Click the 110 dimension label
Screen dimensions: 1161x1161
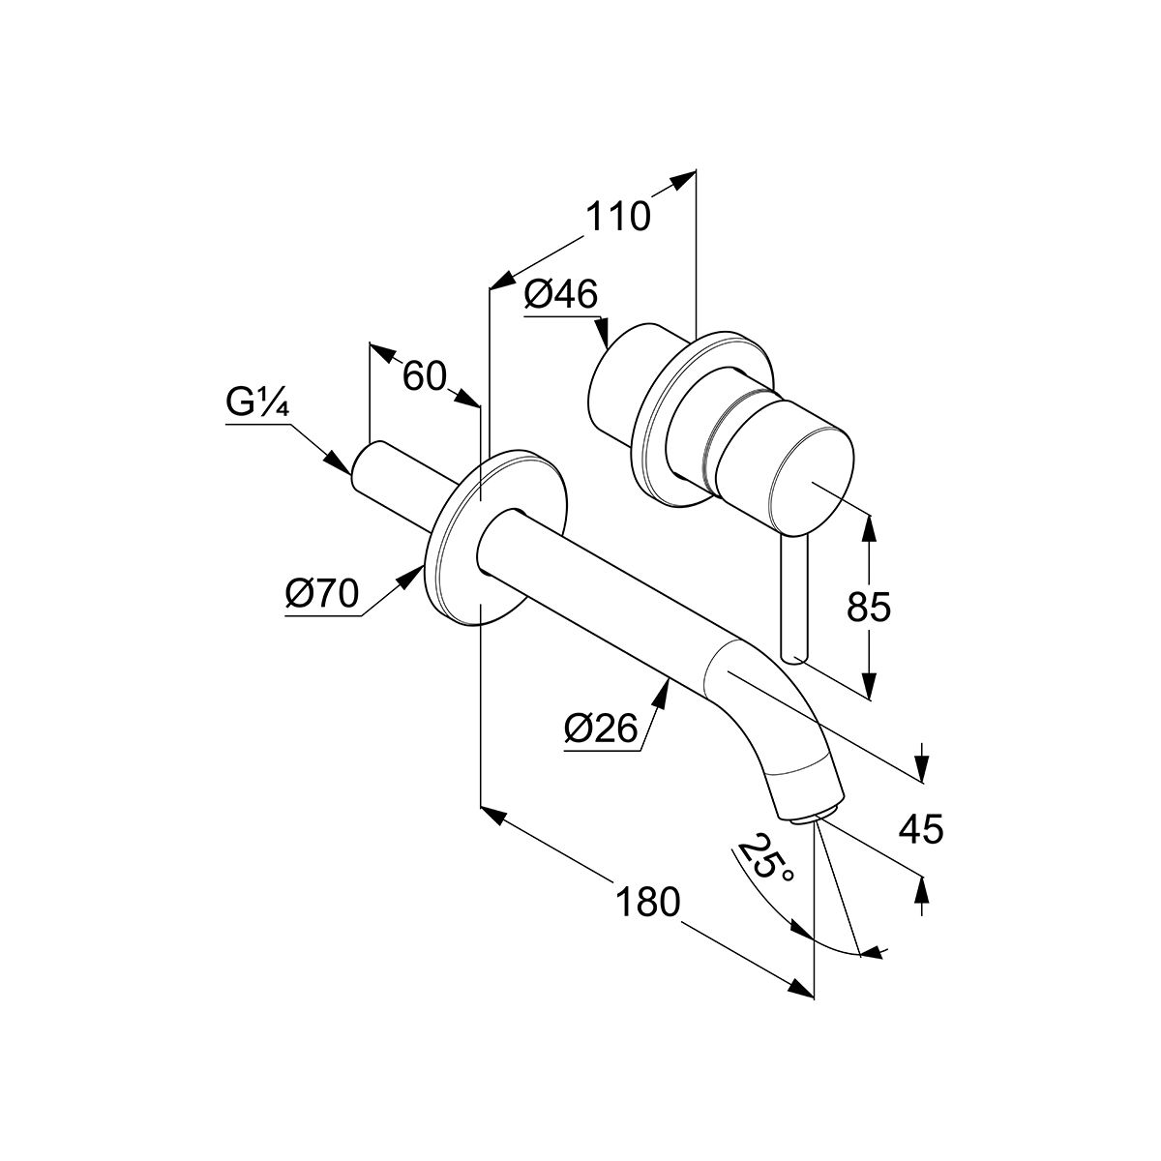pyautogui.click(x=618, y=217)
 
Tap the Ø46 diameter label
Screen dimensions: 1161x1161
pyautogui.click(x=561, y=295)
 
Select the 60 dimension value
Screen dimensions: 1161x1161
pyautogui.click(x=425, y=376)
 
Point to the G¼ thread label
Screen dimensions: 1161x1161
pyautogui.click(x=258, y=403)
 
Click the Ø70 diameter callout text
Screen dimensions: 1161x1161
pyautogui.click(x=322, y=594)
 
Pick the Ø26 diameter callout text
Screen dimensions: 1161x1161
pyautogui.click(x=601, y=729)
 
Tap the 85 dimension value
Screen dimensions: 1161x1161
pyautogui.click(x=868, y=608)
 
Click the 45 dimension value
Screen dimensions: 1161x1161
pyautogui.click(x=921, y=829)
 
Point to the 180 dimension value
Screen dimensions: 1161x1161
pyautogui.click(x=647, y=903)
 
